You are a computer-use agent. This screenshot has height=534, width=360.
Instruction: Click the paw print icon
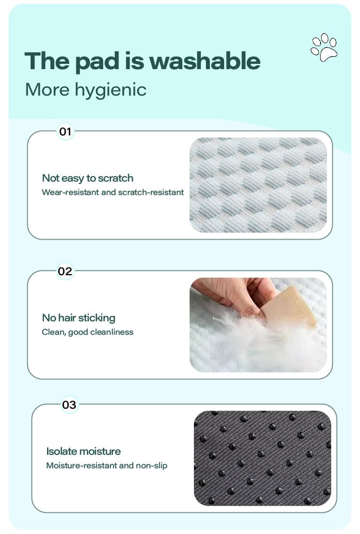(x=324, y=48)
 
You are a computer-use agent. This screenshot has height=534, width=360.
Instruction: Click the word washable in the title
(x=205, y=61)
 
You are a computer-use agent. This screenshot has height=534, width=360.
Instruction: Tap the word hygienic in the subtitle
(x=110, y=90)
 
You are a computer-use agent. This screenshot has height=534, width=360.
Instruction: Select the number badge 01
(x=65, y=132)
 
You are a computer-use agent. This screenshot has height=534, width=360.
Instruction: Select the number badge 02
(x=65, y=271)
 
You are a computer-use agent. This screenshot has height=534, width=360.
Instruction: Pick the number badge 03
(x=69, y=405)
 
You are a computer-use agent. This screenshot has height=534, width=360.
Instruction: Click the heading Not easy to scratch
(x=88, y=178)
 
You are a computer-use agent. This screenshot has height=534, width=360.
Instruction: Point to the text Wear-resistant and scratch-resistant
(x=113, y=193)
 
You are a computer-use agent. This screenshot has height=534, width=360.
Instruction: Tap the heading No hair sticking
(x=79, y=318)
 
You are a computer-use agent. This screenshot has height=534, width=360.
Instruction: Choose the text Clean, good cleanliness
(x=87, y=332)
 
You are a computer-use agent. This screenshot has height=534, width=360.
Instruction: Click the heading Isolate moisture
(x=84, y=451)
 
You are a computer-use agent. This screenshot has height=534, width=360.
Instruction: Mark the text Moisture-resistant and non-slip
(x=107, y=465)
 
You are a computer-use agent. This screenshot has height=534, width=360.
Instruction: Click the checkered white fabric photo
(x=258, y=185)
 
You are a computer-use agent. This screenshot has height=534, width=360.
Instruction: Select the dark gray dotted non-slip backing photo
(x=263, y=459)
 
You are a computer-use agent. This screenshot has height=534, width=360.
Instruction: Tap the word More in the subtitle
(x=48, y=90)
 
